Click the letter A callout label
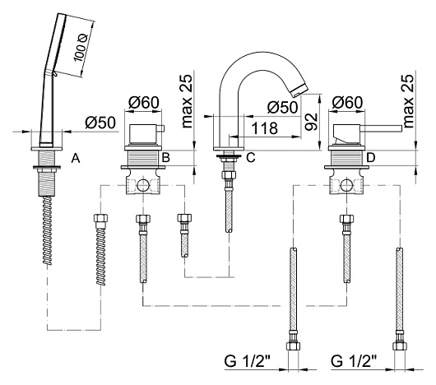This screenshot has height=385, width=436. click(76, 159)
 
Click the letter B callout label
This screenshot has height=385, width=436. click(165, 158)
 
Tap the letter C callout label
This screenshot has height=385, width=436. click(251, 158)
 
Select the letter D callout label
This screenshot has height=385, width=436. click(371, 158)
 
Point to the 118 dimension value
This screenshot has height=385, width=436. click(264, 128)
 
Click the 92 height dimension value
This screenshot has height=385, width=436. click(311, 122)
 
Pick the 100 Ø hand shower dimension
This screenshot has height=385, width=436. click(81, 48)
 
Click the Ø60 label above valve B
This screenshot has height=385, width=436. click(144, 102)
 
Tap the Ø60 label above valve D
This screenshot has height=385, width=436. click(347, 102)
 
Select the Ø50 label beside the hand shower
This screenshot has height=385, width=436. click(100, 123)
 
